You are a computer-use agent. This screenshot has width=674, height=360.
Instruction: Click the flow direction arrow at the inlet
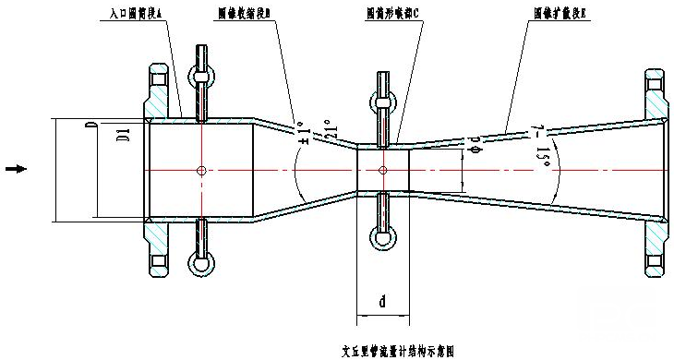coord(16,169)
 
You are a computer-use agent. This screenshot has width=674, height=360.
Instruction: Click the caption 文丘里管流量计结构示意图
coord(398,351)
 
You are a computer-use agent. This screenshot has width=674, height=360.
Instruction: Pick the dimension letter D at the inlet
coord(89,126)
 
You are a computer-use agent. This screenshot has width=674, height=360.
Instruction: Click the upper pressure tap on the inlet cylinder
coord(200,76)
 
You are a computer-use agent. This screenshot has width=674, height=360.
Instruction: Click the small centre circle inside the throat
coord(382,170)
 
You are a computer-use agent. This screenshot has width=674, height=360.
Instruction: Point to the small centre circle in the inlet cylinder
coord(200,170)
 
